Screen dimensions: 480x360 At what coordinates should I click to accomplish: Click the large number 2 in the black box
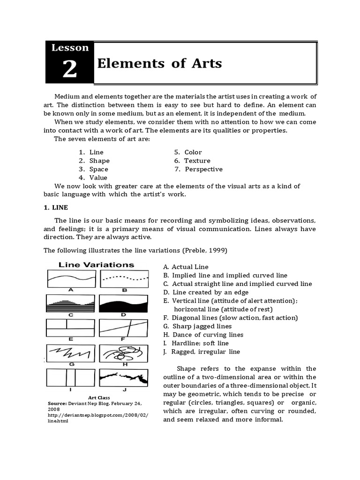[x=69, y=69]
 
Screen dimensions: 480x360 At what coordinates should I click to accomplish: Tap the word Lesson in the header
[x=69, y=47]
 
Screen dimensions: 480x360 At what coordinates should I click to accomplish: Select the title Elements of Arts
[x=159, y=63]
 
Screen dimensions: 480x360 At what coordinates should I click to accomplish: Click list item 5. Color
[x=188, y=152]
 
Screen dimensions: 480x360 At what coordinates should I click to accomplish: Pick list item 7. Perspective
[x=198, y=169]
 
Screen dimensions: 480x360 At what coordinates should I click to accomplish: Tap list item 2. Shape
[x=94, y=161]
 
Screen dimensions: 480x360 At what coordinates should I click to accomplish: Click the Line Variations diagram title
[x=96, y=265]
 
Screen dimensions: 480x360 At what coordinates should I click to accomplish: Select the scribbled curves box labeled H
[x=124, y=353]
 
